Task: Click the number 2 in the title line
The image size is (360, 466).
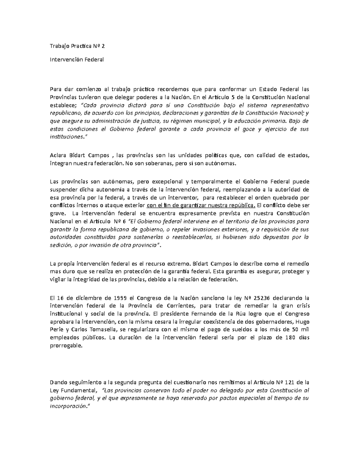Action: coord(104,46)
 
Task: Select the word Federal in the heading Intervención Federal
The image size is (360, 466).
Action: coord(94,59)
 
